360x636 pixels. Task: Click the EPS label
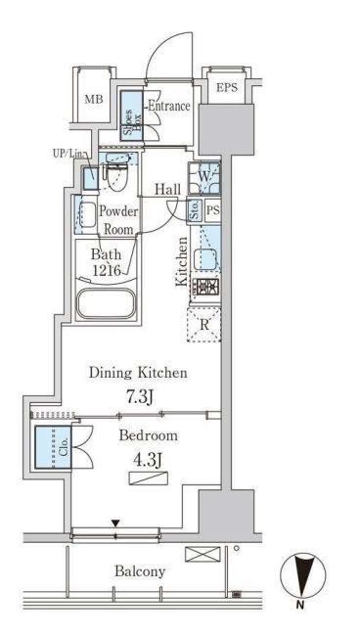(226, 87)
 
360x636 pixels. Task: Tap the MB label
(94, 100)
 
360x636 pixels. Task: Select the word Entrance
(168, 107)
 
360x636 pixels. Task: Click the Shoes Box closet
(132, 116)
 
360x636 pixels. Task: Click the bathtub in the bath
(106, 303)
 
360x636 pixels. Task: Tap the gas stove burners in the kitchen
(205, 287)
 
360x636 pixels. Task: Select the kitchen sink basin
(205, 259)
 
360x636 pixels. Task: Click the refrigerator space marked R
(203, 325)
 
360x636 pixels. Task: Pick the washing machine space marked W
(204, 177)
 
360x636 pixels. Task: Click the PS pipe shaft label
(213, 210)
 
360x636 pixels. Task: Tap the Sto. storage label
(195, 210)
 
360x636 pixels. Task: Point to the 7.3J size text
(138, 397)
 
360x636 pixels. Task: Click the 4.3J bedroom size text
(148, 460)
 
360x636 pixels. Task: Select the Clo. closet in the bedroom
(53, 447)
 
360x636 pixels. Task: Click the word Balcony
(140, 571)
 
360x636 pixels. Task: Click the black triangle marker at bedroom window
(116, 523)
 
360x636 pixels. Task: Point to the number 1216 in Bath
(107, 270)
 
